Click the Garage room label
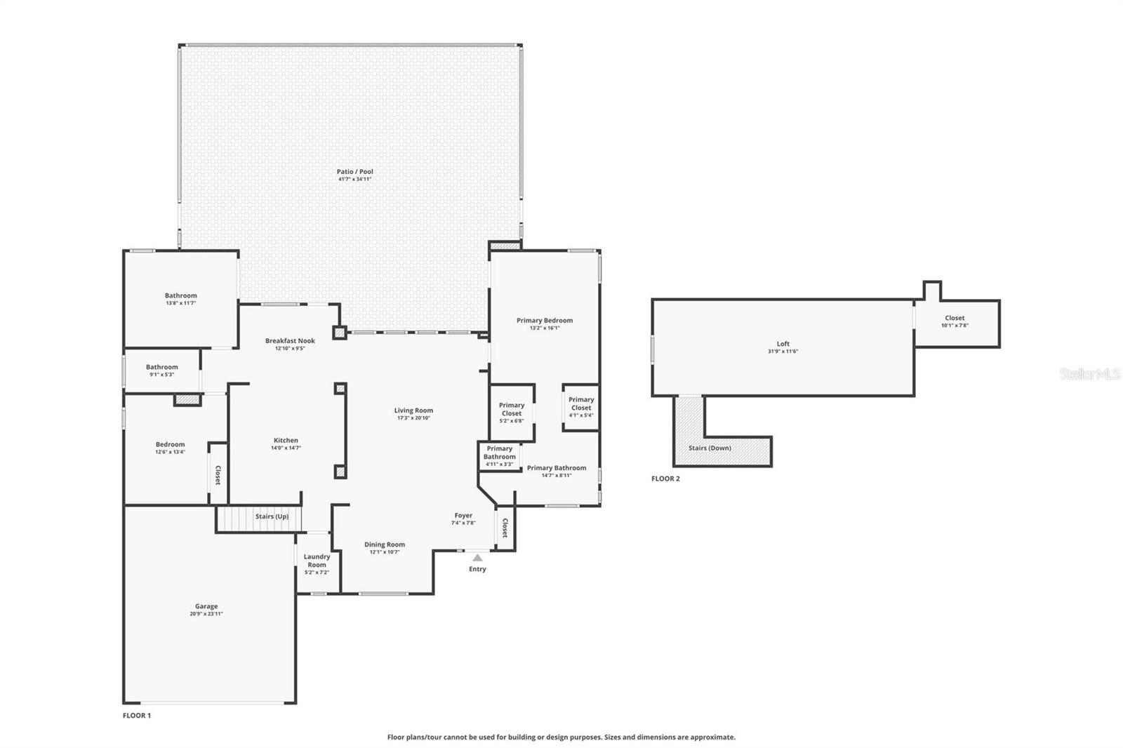pos(206,606)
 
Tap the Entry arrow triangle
pos(477,558)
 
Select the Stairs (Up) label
pos(272,516)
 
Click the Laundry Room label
pos(317,561)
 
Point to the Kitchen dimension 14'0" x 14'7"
pos(286,448)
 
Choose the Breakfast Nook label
pos(290,341)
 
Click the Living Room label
pos(413,410)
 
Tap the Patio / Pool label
pos(354,171)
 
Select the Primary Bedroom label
pos(545,320)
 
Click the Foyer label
pos(463,515)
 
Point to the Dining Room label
pos(384,545)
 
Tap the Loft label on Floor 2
pos(783,344)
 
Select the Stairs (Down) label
pos(709,448)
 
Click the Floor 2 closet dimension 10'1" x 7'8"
pos(955,326)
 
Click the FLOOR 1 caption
pos(137,716)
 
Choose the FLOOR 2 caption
pos(665,479)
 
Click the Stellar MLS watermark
pos(1090,375)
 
